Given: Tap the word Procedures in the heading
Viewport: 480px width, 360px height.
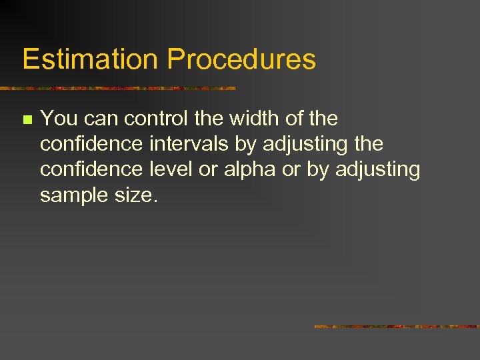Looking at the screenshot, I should click(x=241, y=59).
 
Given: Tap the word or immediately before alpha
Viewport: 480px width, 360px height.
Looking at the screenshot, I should click(x=208, y=170).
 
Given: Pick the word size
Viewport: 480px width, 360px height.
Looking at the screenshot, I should click(x=137, y=195).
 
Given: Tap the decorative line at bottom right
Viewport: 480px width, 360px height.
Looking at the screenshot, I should click(x=397, y=327).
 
